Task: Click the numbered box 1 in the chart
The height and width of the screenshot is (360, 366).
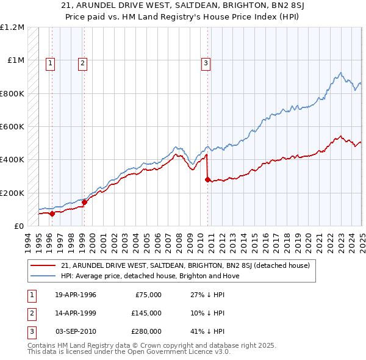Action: [49, 62]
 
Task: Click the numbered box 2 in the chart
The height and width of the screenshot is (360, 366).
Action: [82, 62]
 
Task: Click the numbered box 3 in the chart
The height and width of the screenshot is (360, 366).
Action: [206, 62]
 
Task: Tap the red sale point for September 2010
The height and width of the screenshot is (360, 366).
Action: [207, 179]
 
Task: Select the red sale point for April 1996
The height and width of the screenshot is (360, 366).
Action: [52, 214]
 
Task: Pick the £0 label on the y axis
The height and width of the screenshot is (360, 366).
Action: [19, 226]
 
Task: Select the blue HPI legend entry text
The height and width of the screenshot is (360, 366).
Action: [150, 276]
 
